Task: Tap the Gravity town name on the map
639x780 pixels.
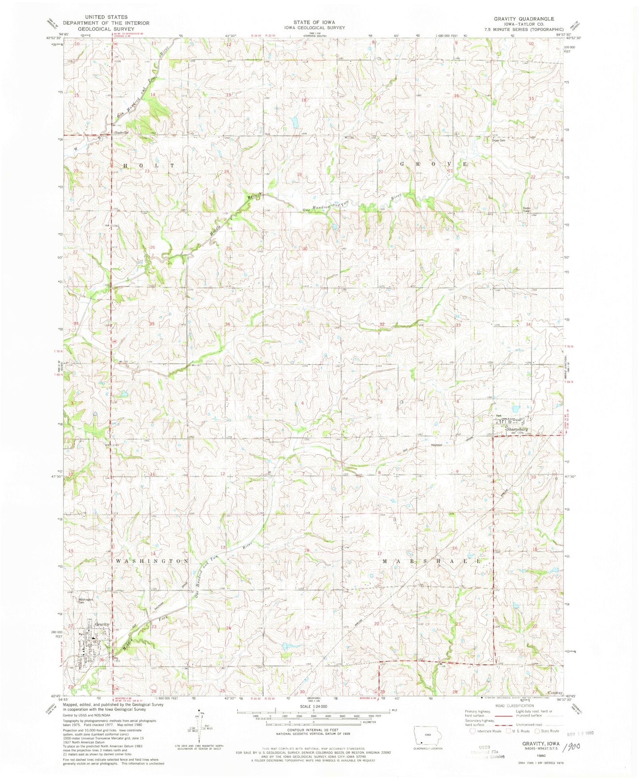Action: point(102,624)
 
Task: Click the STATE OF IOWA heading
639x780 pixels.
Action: point(314,22)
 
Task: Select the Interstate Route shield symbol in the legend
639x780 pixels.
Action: point(473,731)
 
